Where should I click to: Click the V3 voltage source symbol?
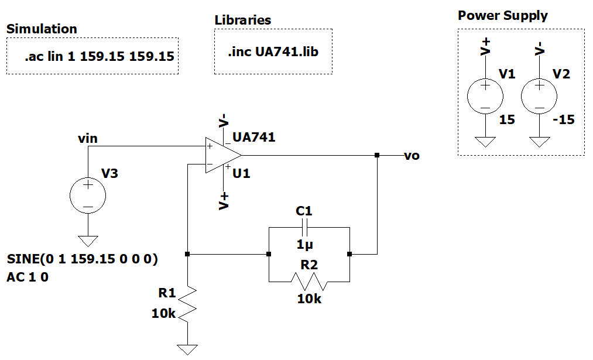tap(88, 196)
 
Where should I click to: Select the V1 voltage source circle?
tap(485, 97)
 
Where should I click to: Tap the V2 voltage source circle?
tap(539, 97)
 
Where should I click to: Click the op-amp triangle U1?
tap(222, 156)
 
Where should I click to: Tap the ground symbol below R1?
tap(187, 349)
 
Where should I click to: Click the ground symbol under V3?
tap(88, 240)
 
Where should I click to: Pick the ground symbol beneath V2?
tap(539, 142)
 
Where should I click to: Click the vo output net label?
tap(412, 156)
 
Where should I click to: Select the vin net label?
tap(88, 139)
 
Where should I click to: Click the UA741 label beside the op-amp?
tap(253, 138)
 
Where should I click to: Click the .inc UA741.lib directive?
tap(273, 52)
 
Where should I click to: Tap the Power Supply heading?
tap(502, 16)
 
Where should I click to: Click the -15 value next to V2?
tap(564, 120)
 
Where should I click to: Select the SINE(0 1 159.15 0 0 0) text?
tap(83, 259)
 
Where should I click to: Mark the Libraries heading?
tap(242, 20)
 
